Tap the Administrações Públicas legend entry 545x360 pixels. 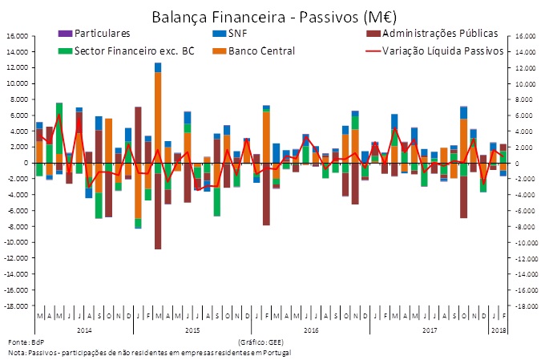(440, 34)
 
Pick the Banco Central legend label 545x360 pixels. (260, 51)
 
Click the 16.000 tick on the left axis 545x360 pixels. (19, 36)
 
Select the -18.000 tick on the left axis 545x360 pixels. (18, 305)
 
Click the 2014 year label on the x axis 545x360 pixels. (85, 330)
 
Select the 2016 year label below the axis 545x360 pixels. (309, 330)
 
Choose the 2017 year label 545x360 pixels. (429, 330)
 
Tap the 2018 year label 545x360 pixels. (499, 330)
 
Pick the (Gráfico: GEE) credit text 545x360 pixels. (256, 342)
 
